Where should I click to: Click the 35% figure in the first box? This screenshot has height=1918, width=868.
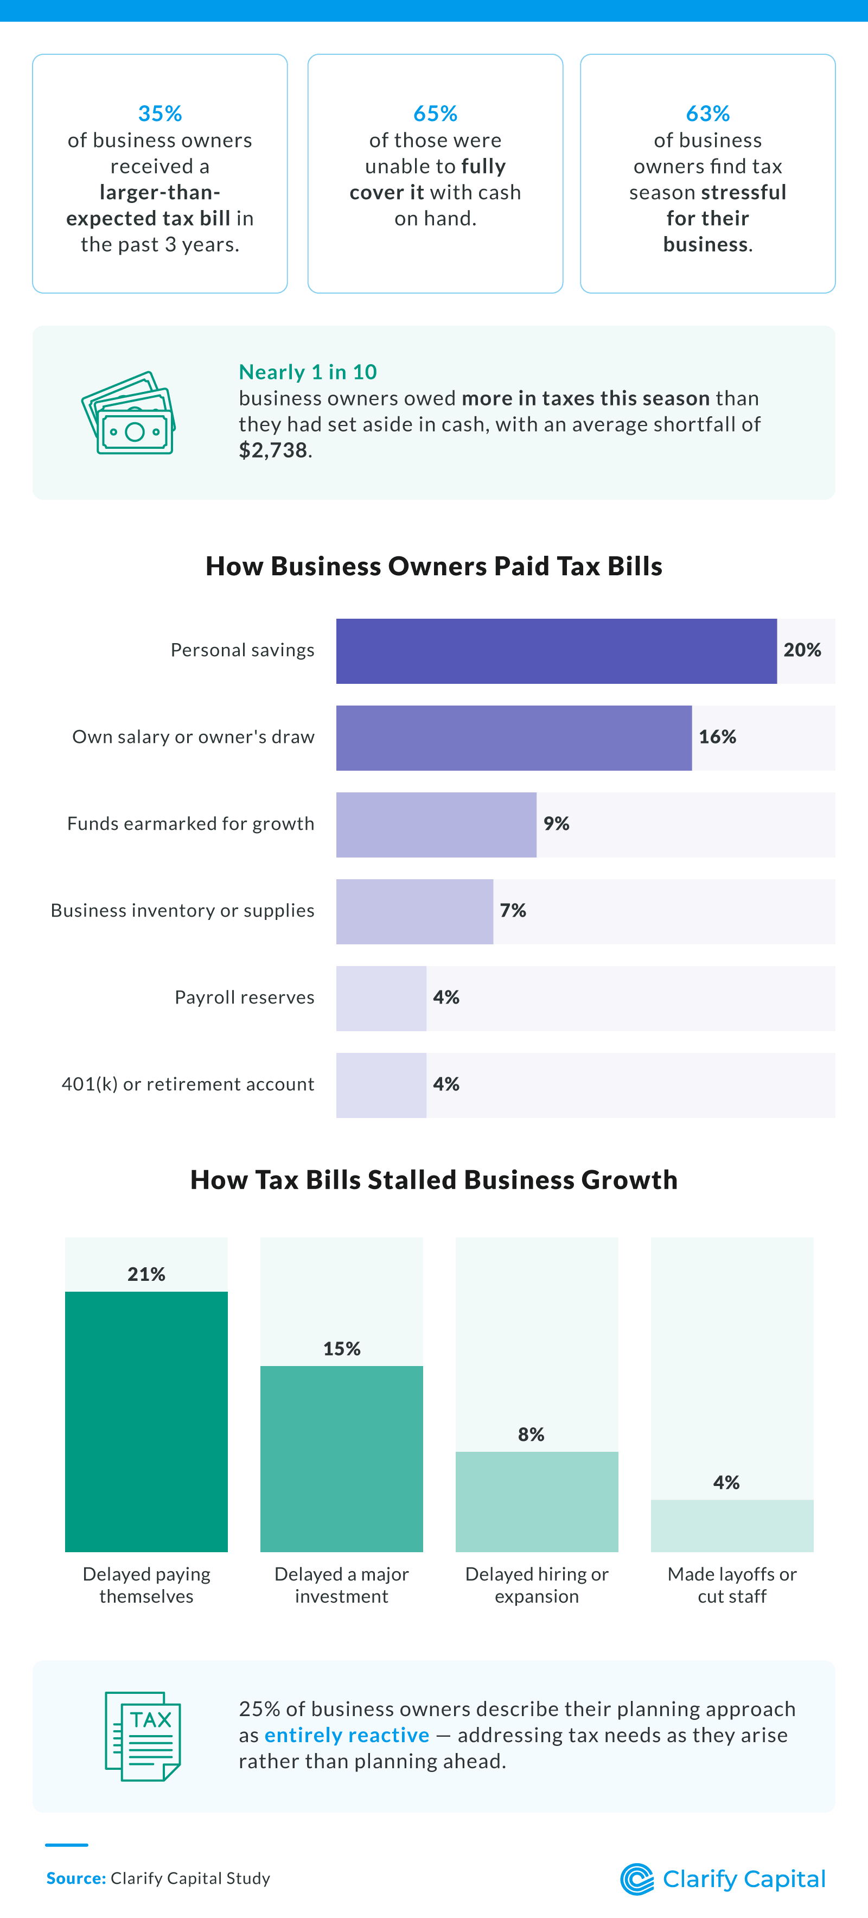coord(159,113)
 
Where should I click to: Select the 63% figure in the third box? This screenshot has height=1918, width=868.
coord(707,113)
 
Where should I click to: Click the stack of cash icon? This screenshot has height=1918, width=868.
coord(129,414)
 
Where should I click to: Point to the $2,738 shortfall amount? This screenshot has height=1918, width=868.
coord(272,450)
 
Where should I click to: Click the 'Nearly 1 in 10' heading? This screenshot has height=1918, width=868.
coord(308,372)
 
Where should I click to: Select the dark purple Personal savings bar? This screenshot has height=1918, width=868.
coord(556,651)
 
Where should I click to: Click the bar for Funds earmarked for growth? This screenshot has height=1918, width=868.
coord(436,824)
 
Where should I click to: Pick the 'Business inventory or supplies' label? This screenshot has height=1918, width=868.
coord(182,911)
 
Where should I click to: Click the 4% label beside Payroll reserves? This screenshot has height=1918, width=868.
coord(446,998)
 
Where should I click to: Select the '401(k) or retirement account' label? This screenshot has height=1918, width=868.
coord(188,1084)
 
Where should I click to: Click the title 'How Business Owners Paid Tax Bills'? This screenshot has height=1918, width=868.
coord(433,566)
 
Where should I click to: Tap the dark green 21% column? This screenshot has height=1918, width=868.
coord(146,1421)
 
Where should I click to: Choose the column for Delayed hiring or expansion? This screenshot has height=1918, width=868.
coord(536,1501)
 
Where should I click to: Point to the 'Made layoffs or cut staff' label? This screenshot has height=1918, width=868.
coord(731,1584)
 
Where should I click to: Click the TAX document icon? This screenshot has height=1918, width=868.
coord(143,1736)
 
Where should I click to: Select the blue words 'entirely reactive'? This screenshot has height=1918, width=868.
coord(346,1735)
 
